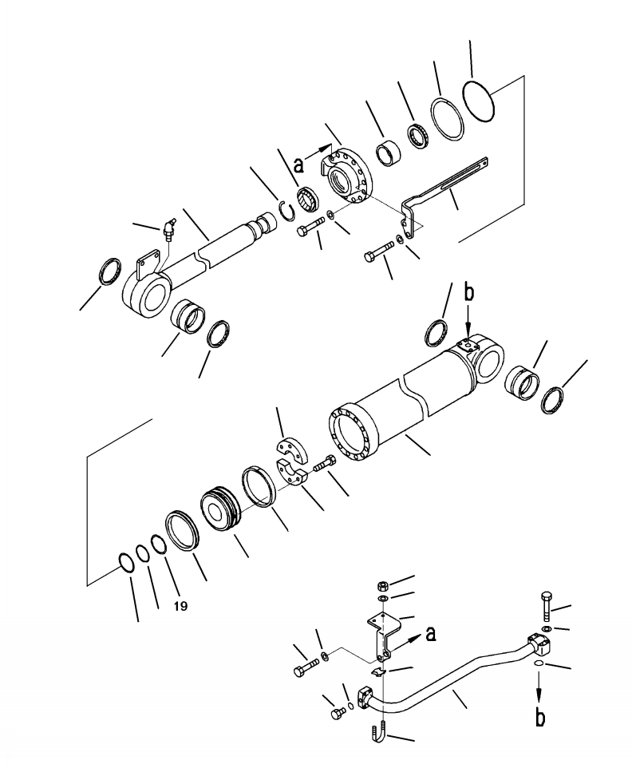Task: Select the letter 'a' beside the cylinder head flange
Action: (299, 165)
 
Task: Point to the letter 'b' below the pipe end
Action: (540, 718)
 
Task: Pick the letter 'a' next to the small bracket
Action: (432, 635)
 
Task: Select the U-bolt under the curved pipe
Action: (379, 732)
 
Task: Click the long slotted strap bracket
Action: (447, 184)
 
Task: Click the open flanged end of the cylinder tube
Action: (350, 437)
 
